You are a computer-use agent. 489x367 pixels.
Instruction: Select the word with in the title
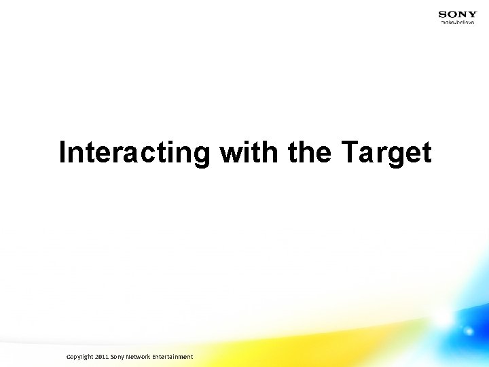249,152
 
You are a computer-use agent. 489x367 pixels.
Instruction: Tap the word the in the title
310,152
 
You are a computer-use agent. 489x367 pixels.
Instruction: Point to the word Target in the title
385,154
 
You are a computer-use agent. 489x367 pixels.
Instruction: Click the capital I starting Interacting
63,152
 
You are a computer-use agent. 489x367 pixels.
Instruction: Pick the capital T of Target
348,152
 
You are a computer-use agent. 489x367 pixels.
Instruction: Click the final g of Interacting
202,156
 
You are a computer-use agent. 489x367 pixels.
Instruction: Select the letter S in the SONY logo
443,14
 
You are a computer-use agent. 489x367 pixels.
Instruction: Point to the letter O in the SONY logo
452,14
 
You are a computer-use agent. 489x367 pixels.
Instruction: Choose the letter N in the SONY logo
463,14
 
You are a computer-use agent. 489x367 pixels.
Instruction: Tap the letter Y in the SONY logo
473,14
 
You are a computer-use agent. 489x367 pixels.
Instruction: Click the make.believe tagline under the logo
458,22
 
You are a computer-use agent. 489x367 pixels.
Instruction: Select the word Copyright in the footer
80,357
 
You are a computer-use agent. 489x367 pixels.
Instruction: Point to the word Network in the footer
140,357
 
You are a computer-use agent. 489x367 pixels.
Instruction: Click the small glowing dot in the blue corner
468,332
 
